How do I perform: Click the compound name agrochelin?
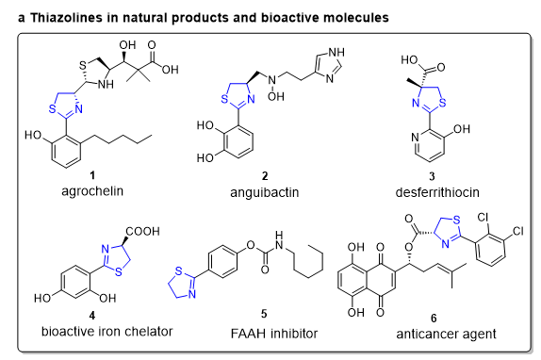pos(92,191)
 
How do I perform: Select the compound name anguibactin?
pos(264,192)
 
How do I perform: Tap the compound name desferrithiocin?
pos(437,192)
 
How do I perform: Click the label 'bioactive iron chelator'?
pos(107,332)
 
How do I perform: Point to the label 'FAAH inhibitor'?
pos(274,334)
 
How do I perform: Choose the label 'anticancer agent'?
pos(446,334)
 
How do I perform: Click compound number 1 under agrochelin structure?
pos(92,175)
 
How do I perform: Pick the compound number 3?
pos(432,176)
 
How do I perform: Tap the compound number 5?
pos(264,314)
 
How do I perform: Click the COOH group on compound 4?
pos(143,231)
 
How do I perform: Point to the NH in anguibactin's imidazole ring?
pos(336,52)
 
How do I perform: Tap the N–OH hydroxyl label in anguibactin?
pos(275,96)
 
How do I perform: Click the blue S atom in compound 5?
pos(178,271)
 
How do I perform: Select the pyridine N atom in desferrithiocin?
pos(415,138)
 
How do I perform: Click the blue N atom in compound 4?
pos(106,249)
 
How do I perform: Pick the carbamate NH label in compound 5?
pos(279,240)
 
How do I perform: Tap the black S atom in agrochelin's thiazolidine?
pos(82,65)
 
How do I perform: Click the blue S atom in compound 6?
pos(457,220)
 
